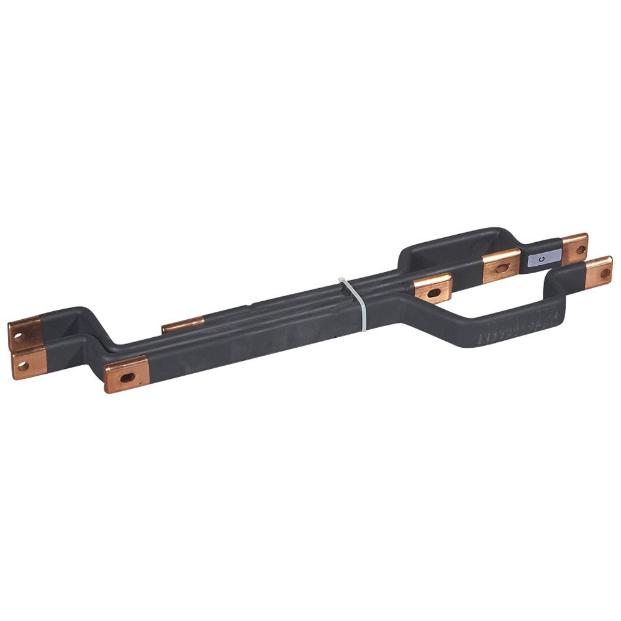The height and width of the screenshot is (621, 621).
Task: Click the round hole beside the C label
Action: (581, 250)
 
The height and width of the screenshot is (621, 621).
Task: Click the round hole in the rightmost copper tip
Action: (605, 273)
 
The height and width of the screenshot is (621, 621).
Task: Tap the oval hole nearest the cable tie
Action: (433, 292)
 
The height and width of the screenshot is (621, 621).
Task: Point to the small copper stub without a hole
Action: (183, 325)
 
